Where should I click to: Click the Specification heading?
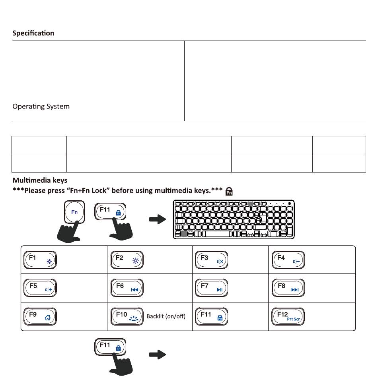pyautogui.click(x=33, y=33)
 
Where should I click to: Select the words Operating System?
pyautogui.click(x=41, y=107)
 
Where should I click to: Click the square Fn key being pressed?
pyautogui.click(x=74, y=212)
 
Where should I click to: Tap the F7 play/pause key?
pyautogui.click(x=211, y=288)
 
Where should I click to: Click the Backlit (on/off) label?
pyautogui.click(x=166, y=317)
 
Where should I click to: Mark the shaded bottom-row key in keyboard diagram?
pyautogui.click(x=183, y=234)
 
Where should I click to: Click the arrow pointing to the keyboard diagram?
pyautogui.click(x=157, y=220)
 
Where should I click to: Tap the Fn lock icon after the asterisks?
pyautogui.click(x=229, y=192)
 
